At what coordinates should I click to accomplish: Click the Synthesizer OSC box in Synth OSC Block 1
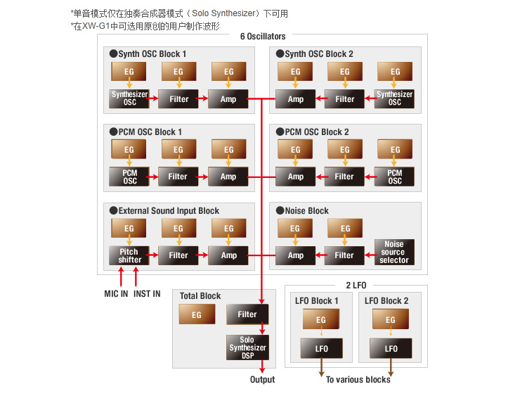tap(129, 98)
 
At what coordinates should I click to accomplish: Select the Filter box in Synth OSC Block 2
tap(344, 99)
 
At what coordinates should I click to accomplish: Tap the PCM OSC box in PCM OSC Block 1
tap(129, 177)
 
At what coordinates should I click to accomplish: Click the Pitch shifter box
tap(129, 256)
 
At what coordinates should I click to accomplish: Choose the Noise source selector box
tap(394, 252)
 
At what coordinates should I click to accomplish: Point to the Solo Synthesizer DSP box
tap(248, 347)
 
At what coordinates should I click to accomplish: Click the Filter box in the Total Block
tap(247, 314)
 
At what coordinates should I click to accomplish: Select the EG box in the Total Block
tap(197, 314)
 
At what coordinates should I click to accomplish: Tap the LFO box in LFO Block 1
tap(322, 348)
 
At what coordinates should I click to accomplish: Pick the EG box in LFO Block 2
tap(391, 319)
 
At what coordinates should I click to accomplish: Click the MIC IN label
tap(116, 294)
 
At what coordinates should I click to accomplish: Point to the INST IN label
tap(147, 294)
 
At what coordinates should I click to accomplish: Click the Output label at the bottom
tap(263, 380)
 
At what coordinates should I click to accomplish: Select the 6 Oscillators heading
tap(263, 37)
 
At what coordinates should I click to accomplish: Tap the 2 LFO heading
tap(356, 286)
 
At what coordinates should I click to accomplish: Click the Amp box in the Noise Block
tap(295, 256)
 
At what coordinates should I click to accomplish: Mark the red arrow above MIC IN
tap(121, 276)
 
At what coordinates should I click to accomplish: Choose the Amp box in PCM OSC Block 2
tap(295, 177)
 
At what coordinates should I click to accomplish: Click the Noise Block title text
tap(306, 210)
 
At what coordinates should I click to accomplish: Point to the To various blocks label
tap(358, 380)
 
